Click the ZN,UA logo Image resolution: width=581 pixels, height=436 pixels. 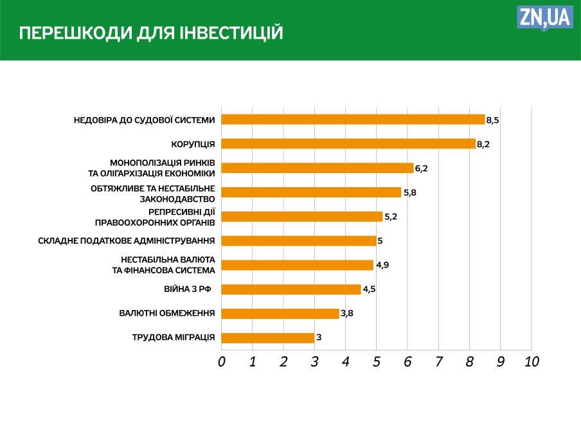544,17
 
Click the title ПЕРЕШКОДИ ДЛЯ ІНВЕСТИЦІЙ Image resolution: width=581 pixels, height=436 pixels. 151,33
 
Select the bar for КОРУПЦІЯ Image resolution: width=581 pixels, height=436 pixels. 348,144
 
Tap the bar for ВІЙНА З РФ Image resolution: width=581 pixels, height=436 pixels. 291,289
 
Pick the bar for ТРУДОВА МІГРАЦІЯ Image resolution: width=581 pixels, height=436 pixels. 268,338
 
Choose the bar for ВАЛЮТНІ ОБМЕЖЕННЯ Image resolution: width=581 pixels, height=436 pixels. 280,314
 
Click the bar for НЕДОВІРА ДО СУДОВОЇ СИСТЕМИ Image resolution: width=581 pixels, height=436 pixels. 353,120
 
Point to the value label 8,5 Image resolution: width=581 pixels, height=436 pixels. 493,120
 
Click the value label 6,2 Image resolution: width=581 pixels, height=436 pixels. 422,168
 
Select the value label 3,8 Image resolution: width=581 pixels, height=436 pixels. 347,314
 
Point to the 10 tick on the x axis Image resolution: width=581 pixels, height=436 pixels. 532,362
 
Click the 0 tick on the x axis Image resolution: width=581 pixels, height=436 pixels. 222,362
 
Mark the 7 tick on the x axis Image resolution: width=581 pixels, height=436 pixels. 439,362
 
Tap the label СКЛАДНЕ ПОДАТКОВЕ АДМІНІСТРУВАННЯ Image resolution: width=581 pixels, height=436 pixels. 127,241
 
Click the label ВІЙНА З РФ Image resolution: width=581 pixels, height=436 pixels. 188,289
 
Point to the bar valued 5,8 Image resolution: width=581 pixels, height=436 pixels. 311,192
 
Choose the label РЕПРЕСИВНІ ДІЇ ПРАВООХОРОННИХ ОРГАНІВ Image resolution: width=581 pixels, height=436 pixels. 154,217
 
